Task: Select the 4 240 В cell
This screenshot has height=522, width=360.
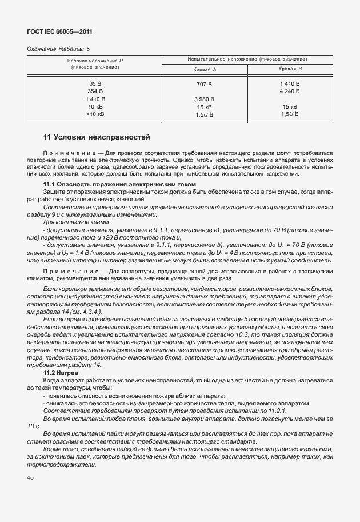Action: tap(290, 91)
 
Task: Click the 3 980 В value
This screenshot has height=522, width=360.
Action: tap(205, 99)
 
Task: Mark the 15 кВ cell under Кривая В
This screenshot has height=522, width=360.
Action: tap(290, 107)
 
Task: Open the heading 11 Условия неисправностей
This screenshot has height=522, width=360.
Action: tap(97, 137)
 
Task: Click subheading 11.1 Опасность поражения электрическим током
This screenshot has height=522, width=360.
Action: tap(119, 184)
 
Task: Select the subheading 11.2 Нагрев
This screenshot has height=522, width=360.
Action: tap(65, 372)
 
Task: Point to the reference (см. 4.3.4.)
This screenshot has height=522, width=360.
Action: tap(88, 312)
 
